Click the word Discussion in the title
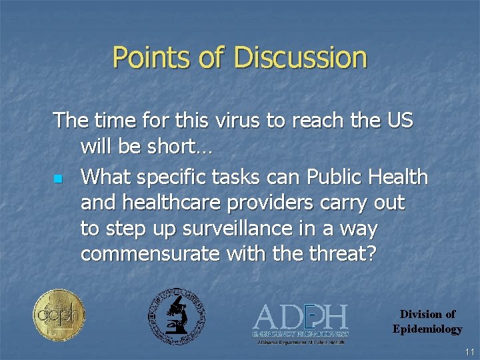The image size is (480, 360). (301, 57)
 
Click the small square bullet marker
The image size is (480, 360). (58, 179)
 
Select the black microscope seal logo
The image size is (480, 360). (176, 316)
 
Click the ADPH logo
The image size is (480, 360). (301, 322)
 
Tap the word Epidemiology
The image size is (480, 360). (427, 329)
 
